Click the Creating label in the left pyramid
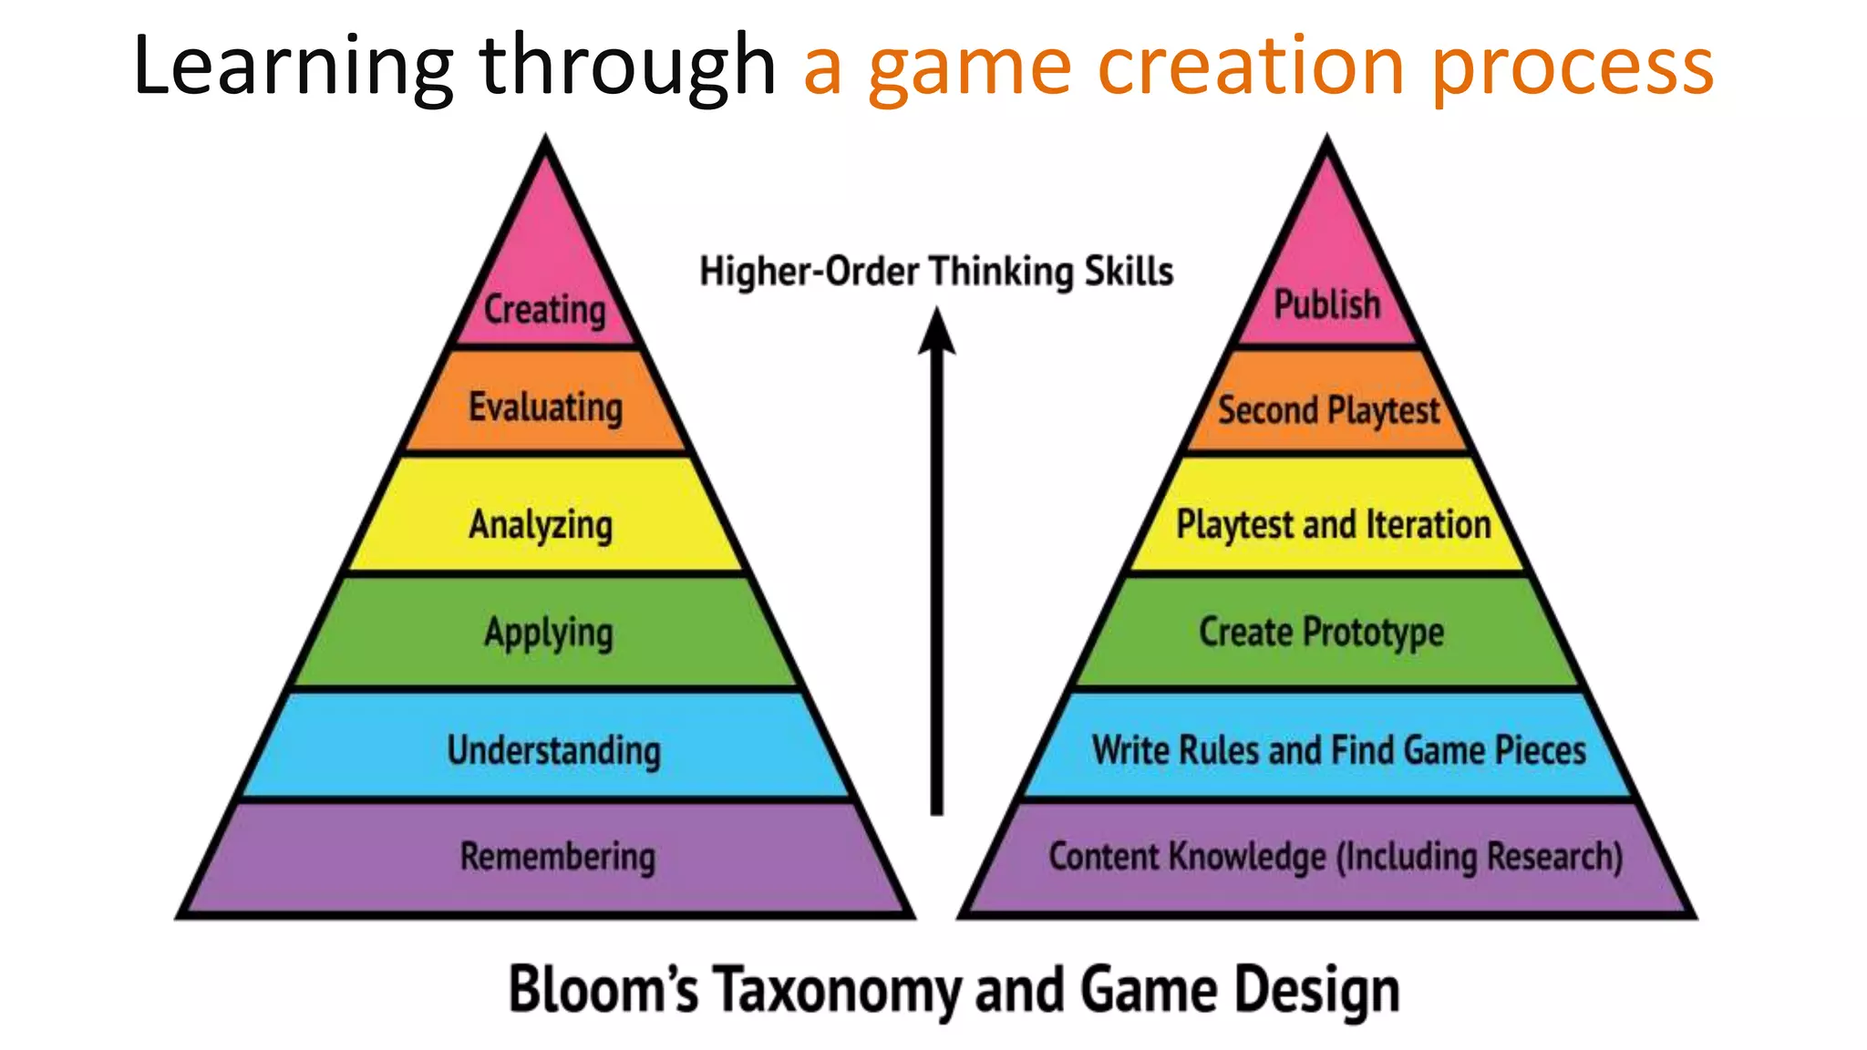544,309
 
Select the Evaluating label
545,407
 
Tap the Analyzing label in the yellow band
541,525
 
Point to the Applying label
549,633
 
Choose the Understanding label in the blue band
553,750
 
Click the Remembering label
557,857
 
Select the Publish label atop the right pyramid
1326,304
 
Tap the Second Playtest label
1328,410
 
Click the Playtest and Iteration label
1333,525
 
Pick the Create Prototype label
1321,632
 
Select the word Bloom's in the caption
603,989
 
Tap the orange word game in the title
969,68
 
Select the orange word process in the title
1573,68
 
